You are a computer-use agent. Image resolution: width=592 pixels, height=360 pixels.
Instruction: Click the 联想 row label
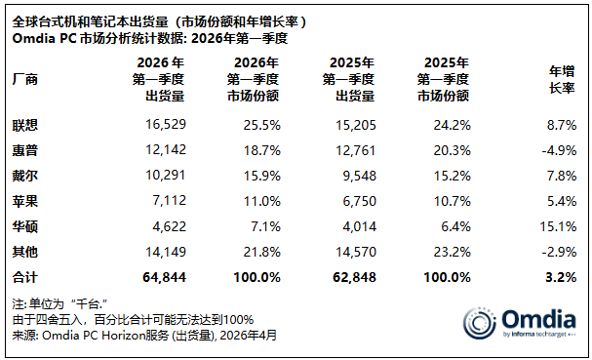[26, 126]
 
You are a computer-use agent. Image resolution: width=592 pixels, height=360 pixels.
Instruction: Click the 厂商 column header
[26, 79]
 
